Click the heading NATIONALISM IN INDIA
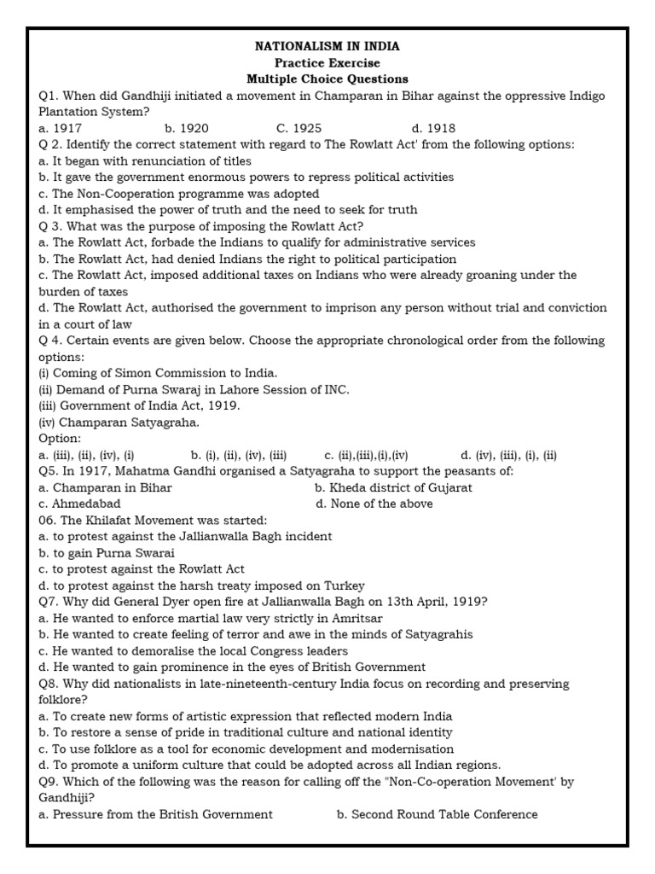(x=327, y=46)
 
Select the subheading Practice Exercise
(x=327, y=63)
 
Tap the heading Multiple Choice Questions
(x=327, y=79)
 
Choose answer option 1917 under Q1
(x=61, y=128)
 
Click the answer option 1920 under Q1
(x=187, y=128)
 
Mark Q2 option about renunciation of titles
(x=145, y=160)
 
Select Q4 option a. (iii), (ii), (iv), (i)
(x=87, y=455)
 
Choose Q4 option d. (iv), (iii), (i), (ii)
(x=508, y=455)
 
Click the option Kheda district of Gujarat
(x=393, y=487)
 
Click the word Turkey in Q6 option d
(x=345, y=586)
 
